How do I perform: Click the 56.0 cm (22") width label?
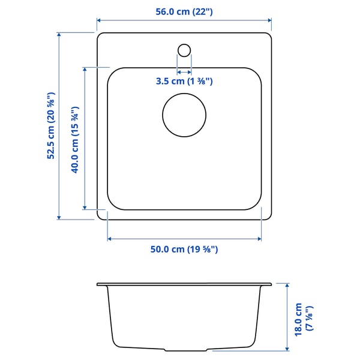[x=184, y=11]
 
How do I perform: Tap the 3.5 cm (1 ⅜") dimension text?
[x=184, y=82]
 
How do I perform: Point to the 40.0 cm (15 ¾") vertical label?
[x=76, y=140]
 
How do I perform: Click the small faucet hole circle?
[x=184, y=49]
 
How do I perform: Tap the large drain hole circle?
[x=184, y=115]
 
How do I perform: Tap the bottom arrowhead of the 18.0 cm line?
[x=287, y=349]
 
